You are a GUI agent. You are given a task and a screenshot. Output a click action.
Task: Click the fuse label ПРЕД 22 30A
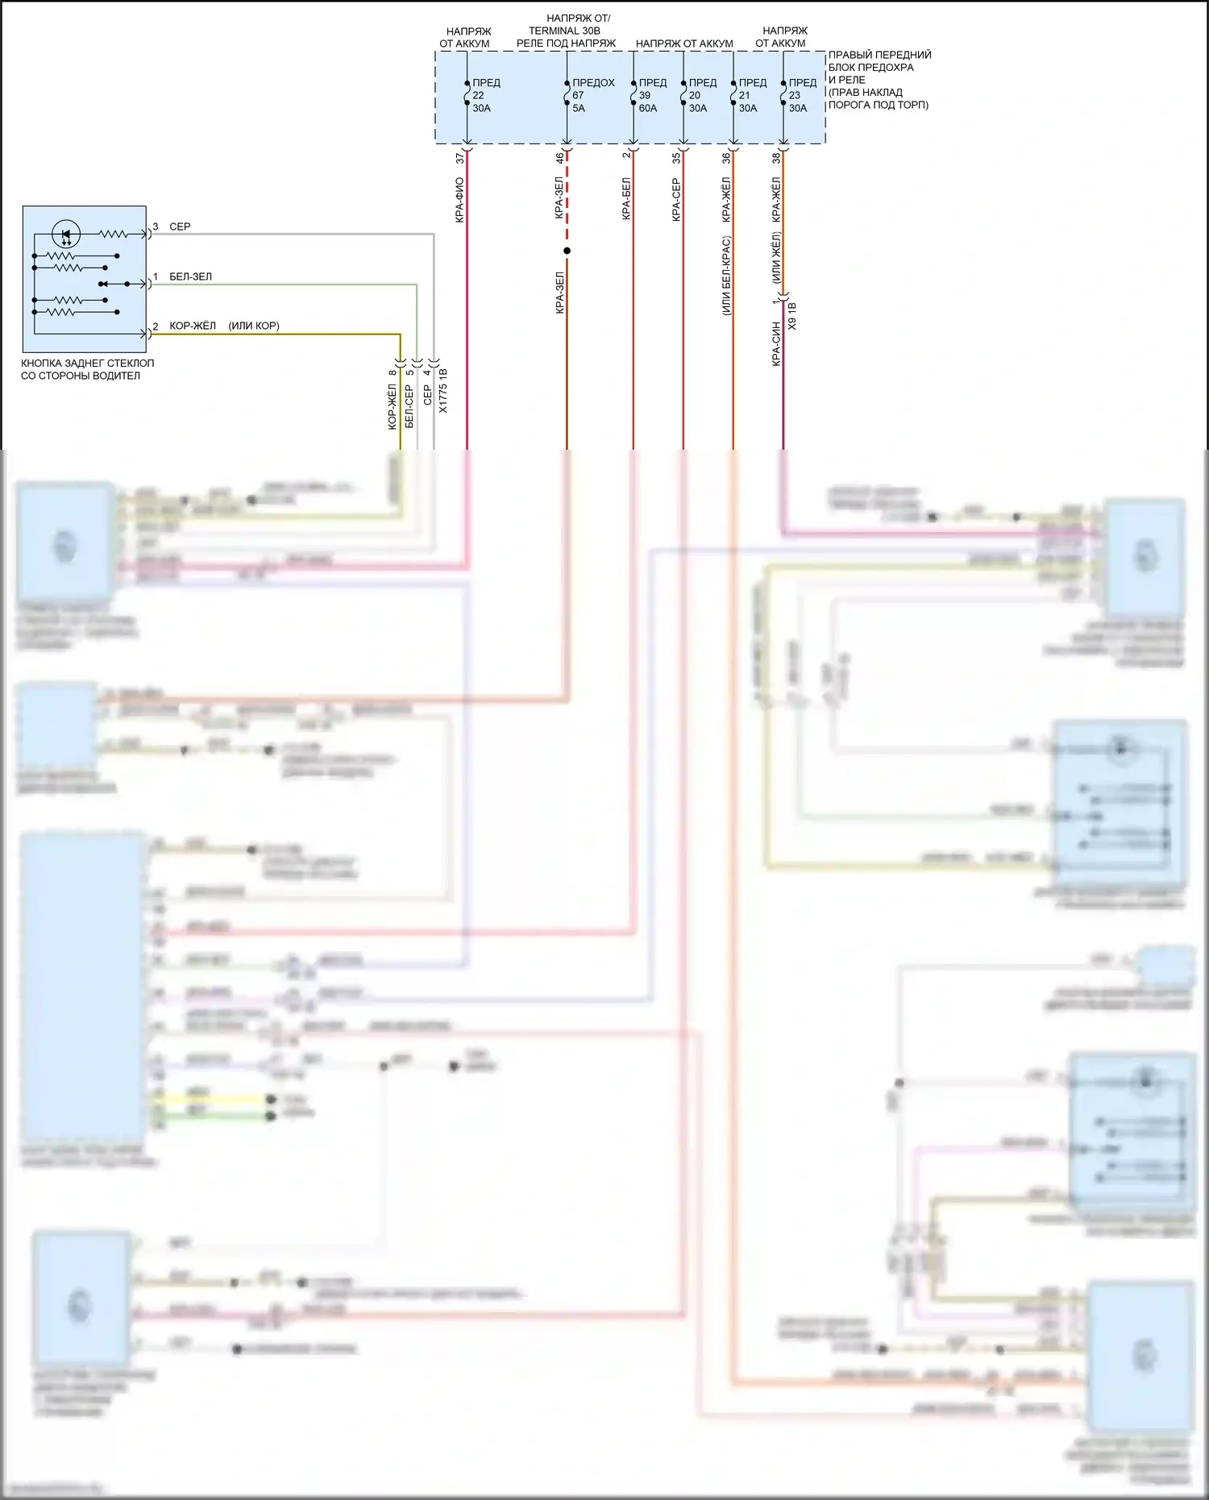(485, 95)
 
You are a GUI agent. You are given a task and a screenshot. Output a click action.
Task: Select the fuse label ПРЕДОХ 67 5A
(592, 95)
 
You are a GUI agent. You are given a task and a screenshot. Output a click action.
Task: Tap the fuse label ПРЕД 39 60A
(652, 95)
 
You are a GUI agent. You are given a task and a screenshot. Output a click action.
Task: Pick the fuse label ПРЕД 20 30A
(702, 95)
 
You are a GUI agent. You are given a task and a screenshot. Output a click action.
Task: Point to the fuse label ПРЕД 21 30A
(752, 95)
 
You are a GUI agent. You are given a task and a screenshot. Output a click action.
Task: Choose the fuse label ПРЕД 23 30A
(802, 95)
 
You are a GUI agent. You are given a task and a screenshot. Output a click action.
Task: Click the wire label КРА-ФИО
(459, 200)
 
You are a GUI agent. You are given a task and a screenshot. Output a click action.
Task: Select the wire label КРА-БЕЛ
(626, 199)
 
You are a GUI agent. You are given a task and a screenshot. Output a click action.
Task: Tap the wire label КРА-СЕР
(676, 200)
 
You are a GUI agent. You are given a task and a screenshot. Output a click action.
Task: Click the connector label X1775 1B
(442, 391)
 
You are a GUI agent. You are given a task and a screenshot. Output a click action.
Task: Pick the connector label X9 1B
(792, 316)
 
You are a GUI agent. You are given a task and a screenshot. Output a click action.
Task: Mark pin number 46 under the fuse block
(559, 159)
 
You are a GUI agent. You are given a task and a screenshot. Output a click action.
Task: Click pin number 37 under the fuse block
(460, 159)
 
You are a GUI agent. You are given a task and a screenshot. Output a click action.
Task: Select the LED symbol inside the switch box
(66, 235)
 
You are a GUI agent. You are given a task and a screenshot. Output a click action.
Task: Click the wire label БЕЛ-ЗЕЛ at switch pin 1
(190, 276)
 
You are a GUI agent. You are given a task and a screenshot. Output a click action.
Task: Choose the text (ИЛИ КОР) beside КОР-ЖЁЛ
(254, 326)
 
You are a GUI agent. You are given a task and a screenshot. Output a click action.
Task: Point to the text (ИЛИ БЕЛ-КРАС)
(726, 276)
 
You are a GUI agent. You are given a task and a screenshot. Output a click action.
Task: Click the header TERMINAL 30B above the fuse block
(564, 31)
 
